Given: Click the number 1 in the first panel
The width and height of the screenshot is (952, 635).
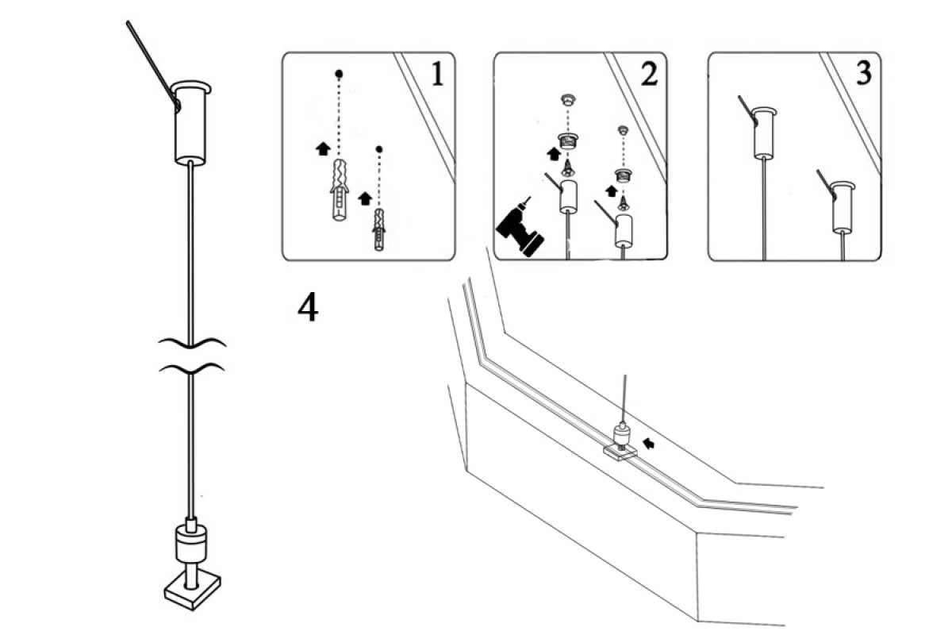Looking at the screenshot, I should [x=436, y=74].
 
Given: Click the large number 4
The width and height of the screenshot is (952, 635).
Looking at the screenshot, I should [x=308, y=308].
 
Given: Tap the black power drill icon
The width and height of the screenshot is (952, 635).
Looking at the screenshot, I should [x=519, y=227].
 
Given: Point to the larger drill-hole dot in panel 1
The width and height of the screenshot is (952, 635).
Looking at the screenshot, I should [x=339, y=74].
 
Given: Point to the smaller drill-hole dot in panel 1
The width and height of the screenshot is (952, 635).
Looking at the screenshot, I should [x=378, y=148].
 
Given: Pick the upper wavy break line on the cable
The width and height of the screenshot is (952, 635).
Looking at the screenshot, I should [x=192, y=342].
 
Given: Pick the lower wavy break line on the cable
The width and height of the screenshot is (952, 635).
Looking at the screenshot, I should [x=192, y=368].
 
